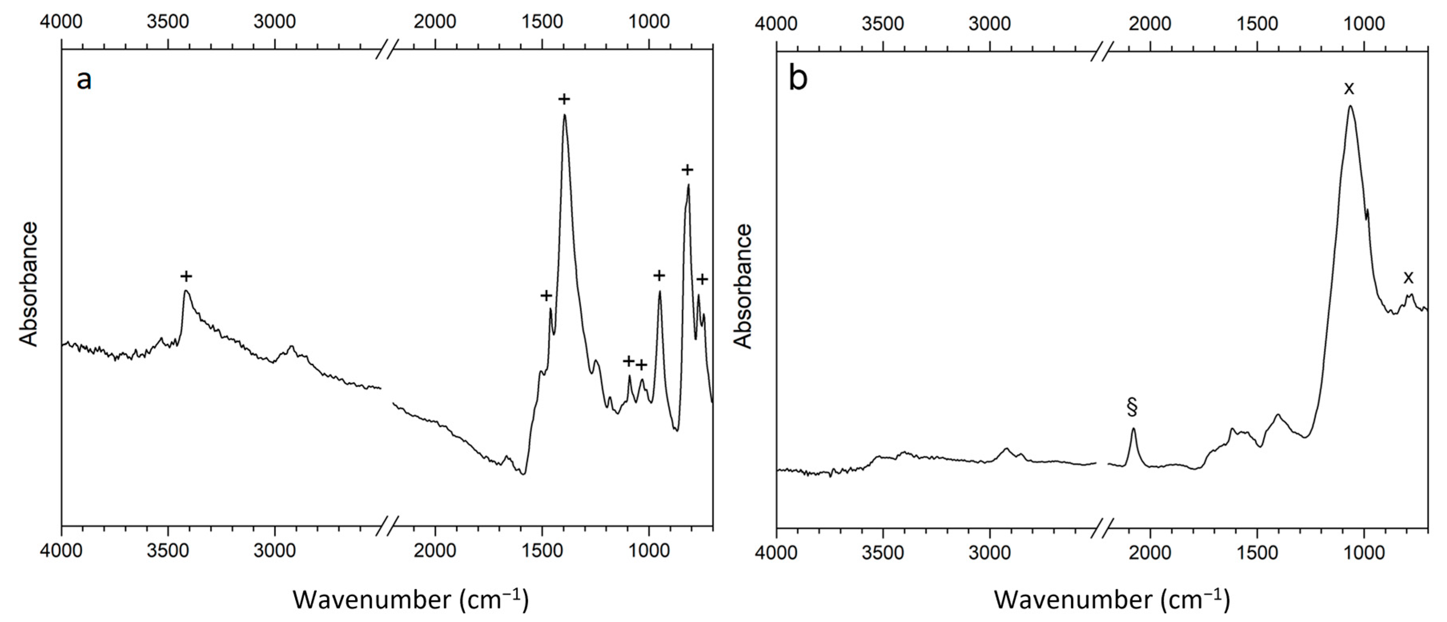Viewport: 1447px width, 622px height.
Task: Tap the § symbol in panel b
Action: (x=1132, y=407)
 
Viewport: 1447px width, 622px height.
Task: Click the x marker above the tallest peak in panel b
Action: (x=1349, y=88)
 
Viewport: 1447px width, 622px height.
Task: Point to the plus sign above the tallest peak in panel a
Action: (x=564, y=99)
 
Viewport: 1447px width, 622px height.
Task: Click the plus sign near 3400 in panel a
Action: (x=186, y=276)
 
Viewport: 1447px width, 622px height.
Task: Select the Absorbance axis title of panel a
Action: (x=29, y=284)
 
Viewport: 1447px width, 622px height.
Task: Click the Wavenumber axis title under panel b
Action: (x=1112, y=600)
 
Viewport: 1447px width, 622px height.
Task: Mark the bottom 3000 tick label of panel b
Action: (x=990, y=553)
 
